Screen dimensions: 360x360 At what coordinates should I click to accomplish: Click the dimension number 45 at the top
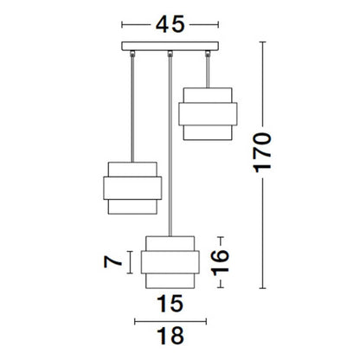point(169,24)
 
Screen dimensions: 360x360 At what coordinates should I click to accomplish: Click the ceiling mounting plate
point(170,48)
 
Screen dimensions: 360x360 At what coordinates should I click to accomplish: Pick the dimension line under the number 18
point(170,320)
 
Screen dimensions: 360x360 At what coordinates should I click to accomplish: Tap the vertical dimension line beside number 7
point(132,261)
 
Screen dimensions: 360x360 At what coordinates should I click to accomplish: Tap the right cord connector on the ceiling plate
point(208,55)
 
